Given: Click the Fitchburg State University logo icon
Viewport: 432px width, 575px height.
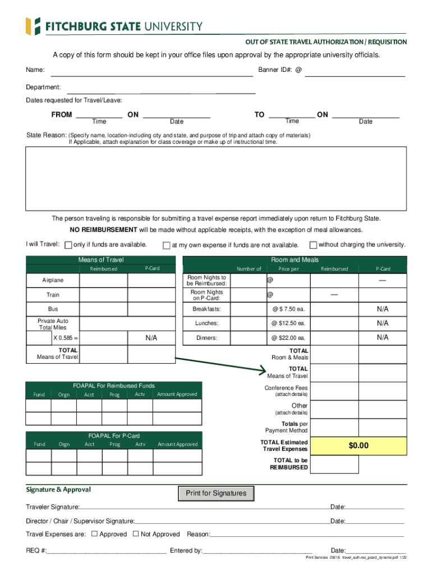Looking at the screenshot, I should (33, 26).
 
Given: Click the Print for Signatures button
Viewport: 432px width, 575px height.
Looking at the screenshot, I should (216, 494).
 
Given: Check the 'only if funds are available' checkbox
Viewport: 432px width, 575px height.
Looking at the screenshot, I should (68, 245).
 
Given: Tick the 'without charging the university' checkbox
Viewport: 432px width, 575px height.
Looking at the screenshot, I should (313, 245).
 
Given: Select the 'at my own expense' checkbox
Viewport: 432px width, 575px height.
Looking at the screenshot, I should (166, 245).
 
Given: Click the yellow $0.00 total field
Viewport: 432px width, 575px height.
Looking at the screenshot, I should (359, 446).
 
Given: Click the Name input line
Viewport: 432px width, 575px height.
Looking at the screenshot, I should (151, 71).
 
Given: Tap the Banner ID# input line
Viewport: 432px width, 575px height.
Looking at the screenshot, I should (354, 71).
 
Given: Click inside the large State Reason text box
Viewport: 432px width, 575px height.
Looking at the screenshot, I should (216, 178).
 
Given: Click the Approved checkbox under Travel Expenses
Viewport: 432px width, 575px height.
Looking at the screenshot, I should (94, 534).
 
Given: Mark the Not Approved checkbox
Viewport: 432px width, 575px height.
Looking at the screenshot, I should (135, 534).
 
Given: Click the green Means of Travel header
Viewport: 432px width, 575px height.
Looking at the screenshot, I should (101, 260).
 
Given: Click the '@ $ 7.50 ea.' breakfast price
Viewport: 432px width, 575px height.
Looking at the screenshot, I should (288, 309).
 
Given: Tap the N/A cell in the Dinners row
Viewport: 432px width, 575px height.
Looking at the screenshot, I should (383, 337).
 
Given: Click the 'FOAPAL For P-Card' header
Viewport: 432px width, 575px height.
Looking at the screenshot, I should (114, 436).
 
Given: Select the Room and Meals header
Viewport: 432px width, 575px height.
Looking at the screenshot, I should (295, 260).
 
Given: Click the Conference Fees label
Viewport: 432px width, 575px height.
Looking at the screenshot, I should (286, 388).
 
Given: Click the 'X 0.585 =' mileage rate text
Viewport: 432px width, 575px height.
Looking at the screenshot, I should (66, 338).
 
